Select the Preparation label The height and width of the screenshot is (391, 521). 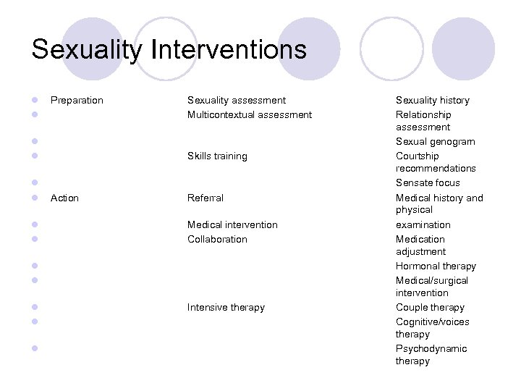point(77,100)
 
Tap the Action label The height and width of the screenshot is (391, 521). point(64,198)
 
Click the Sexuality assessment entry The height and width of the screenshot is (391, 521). point(236,100)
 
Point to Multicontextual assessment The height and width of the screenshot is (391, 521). point(249,114)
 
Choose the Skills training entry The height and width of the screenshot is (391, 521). point(217,156)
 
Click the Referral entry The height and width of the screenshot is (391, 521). point(206,198)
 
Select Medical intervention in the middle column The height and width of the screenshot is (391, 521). point(232,224)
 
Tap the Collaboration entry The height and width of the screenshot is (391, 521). point(217,239)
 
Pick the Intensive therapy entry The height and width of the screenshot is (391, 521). point(226,307)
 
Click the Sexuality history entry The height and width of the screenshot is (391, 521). point(432,100)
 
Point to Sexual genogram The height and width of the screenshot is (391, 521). point(435,141)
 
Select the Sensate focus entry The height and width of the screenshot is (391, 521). point(428,182)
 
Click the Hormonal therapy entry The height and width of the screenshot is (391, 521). point(436,266)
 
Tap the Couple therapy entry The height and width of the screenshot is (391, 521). point(430,307)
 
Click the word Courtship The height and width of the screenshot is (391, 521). point(417,156)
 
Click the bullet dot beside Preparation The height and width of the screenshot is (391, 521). point(34,101)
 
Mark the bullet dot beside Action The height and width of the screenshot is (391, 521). point(34,198)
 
